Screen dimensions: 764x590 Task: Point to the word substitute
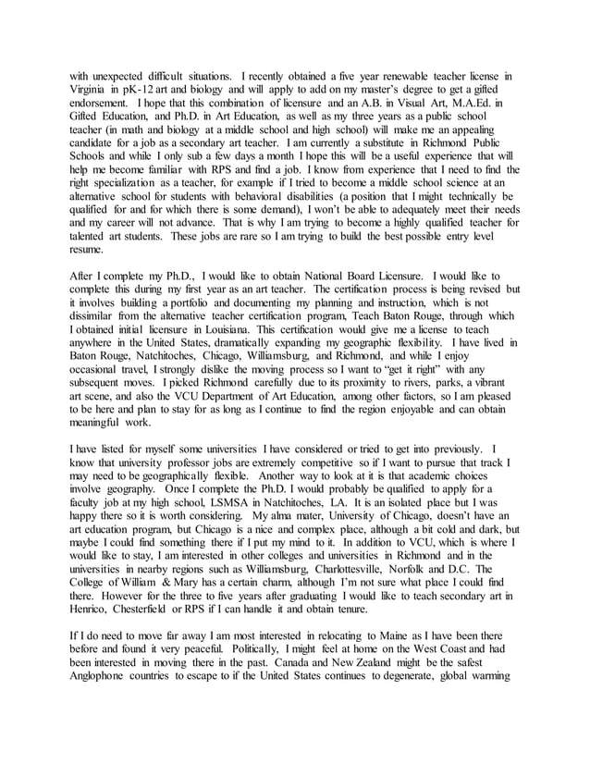click(373, 142)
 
